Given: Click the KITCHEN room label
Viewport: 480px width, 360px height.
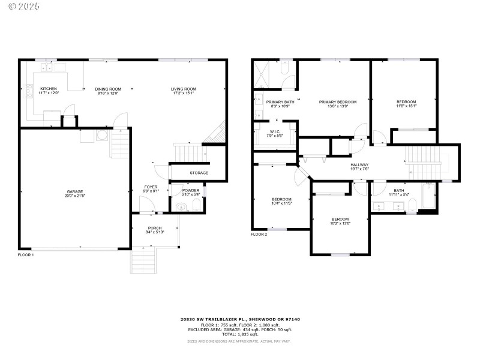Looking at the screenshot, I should pos(49,89).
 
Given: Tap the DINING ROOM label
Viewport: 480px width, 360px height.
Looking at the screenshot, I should pos(109,89).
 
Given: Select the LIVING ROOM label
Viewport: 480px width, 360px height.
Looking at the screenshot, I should pos(184,89).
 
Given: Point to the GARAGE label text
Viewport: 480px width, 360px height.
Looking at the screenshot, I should pos(74,191).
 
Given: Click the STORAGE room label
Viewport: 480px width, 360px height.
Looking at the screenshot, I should pos(199,173).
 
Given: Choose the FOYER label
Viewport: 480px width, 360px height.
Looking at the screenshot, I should pos(151,187).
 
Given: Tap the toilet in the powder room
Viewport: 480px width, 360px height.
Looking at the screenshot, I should pos(196,207).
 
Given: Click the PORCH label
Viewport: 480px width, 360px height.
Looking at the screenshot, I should pos(155,228).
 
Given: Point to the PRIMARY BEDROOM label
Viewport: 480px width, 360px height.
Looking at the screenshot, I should pos(338,102).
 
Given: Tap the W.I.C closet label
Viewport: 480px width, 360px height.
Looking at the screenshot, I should pos(275,131).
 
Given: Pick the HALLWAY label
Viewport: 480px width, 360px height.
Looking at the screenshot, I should pos(359,165).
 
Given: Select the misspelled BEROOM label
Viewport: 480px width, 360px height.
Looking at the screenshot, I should pos(340,219).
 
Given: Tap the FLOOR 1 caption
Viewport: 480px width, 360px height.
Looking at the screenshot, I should pos(26,255).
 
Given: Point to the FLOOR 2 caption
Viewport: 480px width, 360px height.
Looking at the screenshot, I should pos(259,234).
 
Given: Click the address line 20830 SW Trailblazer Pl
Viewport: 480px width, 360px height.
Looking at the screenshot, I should pos(239,320).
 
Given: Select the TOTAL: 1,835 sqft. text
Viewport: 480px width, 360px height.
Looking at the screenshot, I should pos(239,335).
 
